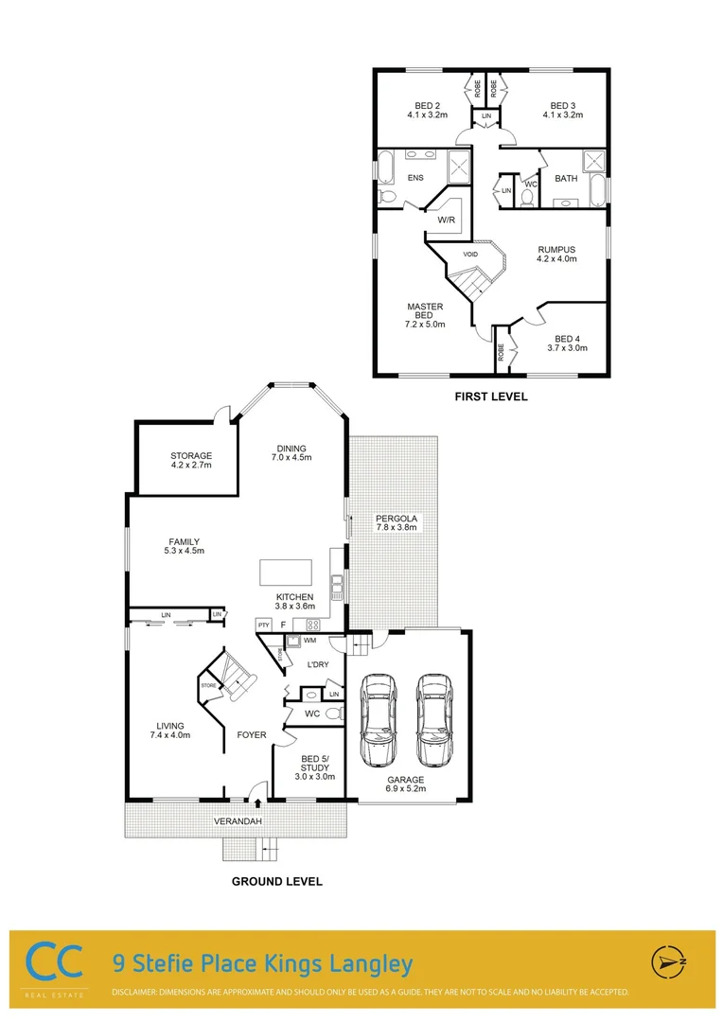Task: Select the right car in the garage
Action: coord(434,720)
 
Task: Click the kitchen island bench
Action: coord(286,573)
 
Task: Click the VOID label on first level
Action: coord(470,255)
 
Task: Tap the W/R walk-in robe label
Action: coord(447,220)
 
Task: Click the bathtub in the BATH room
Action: coord(598,190)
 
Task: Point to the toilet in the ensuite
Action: coord(385,196)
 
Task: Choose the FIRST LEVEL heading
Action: coord(491,396)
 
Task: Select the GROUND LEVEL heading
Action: coord(277,881)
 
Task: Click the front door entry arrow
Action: coord(257,804)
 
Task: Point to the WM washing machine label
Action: coord(310,641)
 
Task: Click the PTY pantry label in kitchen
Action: coord(263,625)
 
